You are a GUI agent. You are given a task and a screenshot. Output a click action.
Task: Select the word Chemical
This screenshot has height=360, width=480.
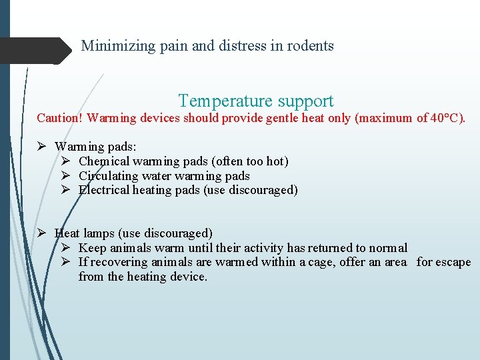[103, 161]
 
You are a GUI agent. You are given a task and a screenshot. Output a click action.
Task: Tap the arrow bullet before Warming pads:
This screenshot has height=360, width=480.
[41, 147]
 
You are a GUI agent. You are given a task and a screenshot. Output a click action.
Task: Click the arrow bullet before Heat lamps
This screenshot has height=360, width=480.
[41, 233]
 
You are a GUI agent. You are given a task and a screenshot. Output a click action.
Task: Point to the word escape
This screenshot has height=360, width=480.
[453, 262]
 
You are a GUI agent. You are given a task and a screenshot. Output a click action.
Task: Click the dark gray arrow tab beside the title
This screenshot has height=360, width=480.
[37, 51]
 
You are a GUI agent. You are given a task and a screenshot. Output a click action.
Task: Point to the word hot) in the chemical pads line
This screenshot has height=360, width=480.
[277, 161]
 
